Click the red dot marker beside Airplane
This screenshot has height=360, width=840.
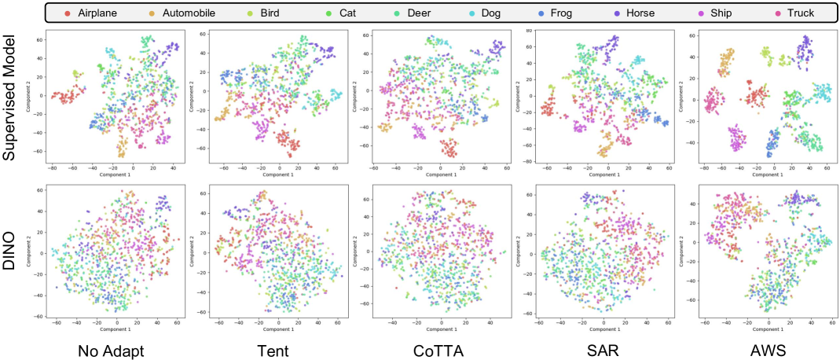pyautogui.click(x=68, y=13)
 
